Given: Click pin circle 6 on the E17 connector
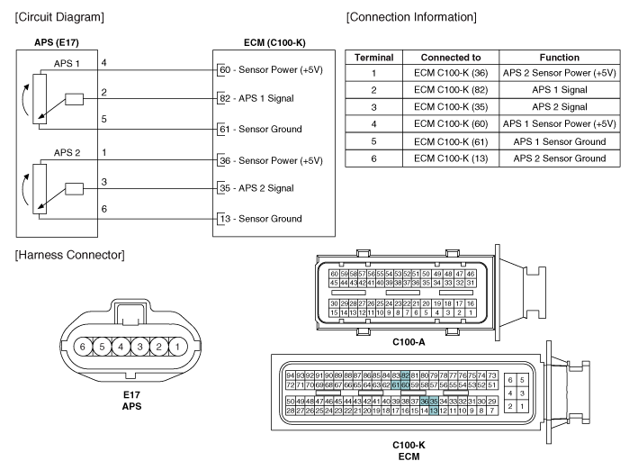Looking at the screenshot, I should point(83,346).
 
